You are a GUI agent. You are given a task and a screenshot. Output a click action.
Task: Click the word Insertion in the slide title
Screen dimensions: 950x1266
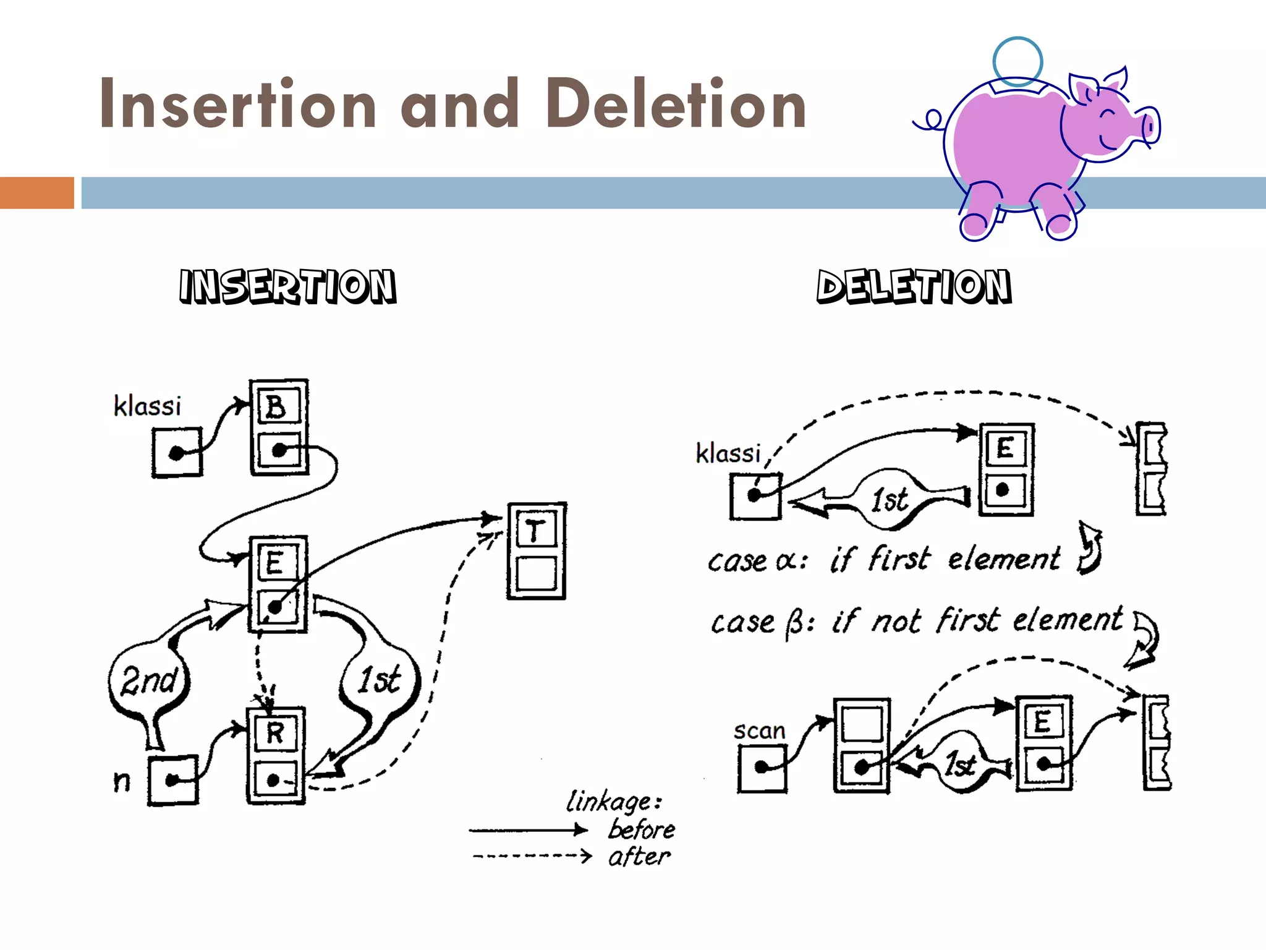[238, 104]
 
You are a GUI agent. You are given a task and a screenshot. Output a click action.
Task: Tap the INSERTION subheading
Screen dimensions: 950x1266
[287, 286]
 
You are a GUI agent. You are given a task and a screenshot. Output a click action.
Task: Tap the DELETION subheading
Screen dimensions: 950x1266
[914, 286]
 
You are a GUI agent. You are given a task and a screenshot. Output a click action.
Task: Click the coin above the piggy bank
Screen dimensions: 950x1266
[1017, 61]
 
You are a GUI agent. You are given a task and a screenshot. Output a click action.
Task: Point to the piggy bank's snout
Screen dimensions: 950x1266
[1149, 127]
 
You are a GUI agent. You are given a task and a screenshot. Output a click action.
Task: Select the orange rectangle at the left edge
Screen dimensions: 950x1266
[36, 192]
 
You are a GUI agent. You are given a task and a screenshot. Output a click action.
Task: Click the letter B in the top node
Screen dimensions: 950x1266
[276, 407]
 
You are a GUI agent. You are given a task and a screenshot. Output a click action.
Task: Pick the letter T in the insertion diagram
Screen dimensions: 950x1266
[535, 531]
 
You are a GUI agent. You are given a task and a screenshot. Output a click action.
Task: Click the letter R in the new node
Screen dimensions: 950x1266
[275, 734]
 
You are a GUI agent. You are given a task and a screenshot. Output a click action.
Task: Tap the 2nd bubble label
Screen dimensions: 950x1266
[149, 680]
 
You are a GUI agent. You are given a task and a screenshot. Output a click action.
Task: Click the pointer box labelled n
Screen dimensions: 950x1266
[173, 781]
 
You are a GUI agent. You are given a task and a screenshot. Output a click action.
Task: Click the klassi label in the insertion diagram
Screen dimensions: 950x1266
[147, 406]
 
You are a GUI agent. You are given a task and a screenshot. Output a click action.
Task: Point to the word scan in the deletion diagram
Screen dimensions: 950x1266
[759, 731]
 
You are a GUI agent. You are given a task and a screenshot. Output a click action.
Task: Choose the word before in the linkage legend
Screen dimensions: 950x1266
[642, 829]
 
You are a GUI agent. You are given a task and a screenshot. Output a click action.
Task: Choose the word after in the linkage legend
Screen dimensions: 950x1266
[639, 857]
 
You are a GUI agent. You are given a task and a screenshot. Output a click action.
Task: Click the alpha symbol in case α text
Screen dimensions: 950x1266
[786, 561]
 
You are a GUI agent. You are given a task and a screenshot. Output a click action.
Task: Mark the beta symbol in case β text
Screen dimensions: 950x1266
[794, 623]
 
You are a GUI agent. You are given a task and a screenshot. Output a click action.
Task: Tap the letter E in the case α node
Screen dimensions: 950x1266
[1005, 448]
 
